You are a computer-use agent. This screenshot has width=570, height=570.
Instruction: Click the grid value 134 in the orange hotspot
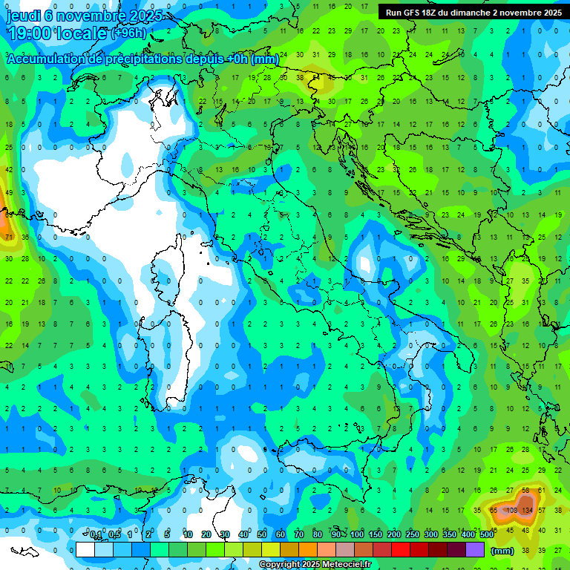coord(528,511)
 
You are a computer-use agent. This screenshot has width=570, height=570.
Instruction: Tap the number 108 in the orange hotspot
coord(511,511)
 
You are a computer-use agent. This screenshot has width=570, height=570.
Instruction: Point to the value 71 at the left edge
coord(9,237)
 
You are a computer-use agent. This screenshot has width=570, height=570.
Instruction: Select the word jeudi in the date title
coord(22,15)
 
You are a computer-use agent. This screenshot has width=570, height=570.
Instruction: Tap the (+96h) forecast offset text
coord(129,33)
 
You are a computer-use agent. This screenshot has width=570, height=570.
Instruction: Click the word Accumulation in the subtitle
coord(41,59)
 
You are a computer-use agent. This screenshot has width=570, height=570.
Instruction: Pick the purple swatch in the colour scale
coord(475,549)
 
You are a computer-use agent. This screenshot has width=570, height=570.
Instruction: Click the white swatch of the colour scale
coord(85,549)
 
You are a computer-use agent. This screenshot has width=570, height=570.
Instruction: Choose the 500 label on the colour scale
coord(486,534)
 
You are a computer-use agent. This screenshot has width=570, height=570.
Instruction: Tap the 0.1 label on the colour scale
coord(96,534)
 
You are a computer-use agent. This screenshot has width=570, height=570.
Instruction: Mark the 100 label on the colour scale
coord(356,534)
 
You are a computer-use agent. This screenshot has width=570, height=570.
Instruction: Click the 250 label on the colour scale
coord(412,534)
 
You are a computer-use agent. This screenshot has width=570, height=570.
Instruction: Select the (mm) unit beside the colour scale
coord(502,550)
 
